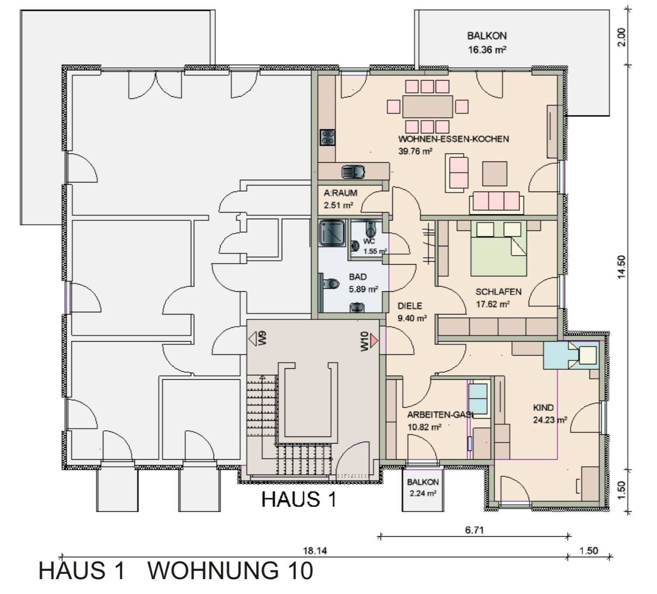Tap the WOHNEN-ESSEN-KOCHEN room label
point(453,139)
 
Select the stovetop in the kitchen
point(327,137)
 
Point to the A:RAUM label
point(340,193)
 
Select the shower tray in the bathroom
point(332,232)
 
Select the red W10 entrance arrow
point(373,340)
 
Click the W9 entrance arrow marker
point(254,339)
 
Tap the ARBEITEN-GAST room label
point(439,415)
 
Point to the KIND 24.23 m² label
point(549,413)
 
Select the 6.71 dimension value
point(474,530)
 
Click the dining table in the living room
point(428,107)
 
